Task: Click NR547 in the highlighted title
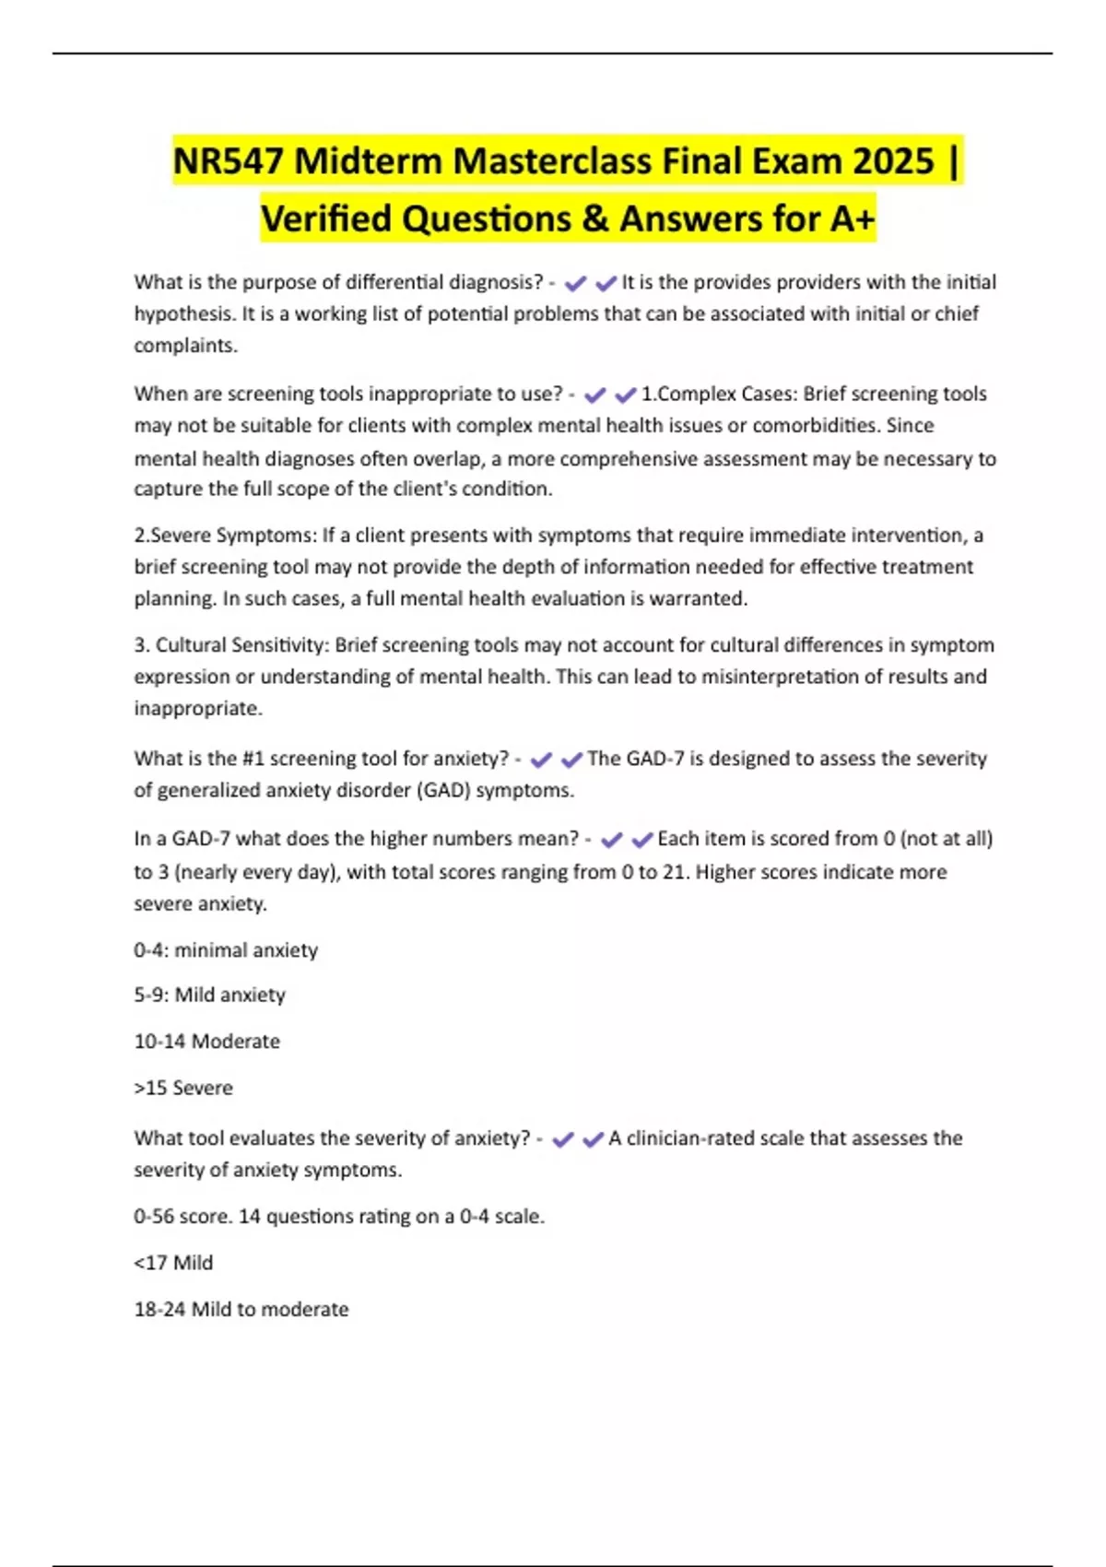pos(229,161)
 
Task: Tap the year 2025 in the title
pos(893,161)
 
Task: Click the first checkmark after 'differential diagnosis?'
pos(575,284)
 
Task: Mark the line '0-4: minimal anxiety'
pos(226,950)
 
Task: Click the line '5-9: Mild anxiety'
pos(209,996)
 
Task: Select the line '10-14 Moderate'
pos(206,1042)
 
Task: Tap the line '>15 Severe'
pos(183,1088)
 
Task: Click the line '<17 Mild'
pos(173,1263)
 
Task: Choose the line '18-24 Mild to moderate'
pos(241,1309)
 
